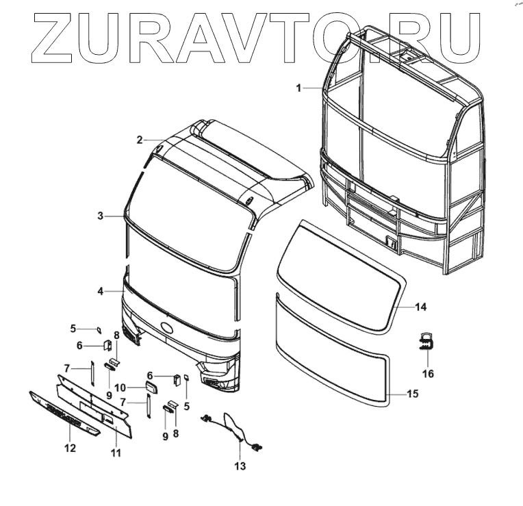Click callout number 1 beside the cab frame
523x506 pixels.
298,88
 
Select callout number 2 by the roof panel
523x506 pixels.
140,140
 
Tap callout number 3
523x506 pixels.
100,216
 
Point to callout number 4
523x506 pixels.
100,291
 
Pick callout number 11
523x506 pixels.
115,452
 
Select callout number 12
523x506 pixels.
70,448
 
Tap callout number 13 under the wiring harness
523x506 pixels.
239,467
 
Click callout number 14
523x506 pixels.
420,306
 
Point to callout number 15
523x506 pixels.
412,394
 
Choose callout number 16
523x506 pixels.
428,374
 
